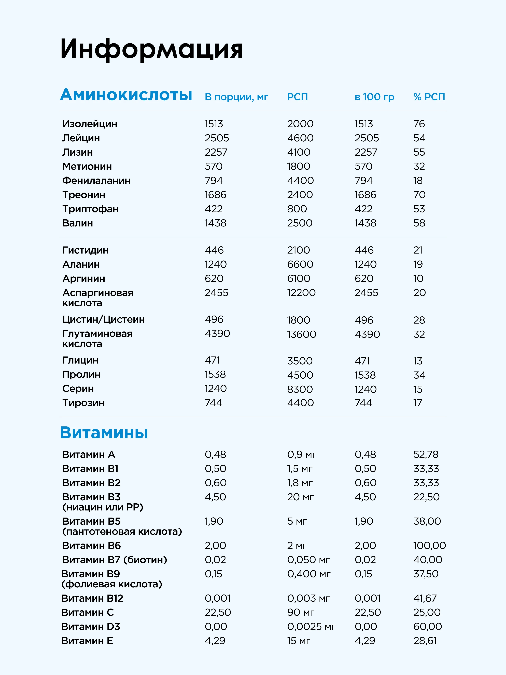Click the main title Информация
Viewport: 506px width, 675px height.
152,49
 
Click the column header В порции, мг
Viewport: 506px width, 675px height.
236,97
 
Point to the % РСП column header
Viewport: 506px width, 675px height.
429,97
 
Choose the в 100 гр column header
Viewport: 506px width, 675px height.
374,97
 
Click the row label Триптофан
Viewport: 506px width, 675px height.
90,209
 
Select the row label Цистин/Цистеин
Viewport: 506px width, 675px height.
103,319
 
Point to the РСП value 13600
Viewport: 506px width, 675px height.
301,334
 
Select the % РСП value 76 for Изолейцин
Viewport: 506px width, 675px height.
419,124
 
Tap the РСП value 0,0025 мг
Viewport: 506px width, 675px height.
311,626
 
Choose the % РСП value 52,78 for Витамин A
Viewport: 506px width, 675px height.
426,454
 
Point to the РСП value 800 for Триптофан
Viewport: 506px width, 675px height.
297,209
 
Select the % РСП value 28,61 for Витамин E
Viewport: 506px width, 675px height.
425,641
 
